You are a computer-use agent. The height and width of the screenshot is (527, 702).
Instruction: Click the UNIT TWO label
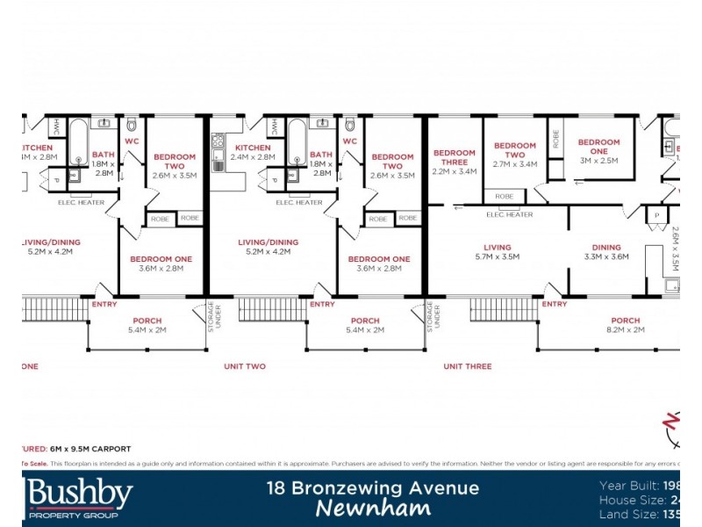245,366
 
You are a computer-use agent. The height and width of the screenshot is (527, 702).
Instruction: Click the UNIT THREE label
467,366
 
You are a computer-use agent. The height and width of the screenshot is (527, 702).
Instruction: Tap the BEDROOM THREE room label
455,162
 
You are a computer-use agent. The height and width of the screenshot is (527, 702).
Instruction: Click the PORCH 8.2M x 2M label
625,325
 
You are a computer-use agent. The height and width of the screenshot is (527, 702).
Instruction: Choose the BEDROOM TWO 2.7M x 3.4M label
514,155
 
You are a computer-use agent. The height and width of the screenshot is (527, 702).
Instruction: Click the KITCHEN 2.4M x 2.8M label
253,152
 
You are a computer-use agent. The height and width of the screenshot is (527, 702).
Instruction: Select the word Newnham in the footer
374,509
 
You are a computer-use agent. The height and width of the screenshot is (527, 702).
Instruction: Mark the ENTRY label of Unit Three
555,304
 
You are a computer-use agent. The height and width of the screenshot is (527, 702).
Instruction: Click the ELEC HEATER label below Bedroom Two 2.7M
510,214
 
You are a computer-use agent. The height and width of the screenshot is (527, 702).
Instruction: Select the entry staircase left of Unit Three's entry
503,309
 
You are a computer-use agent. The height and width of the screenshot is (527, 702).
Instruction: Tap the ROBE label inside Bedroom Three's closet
504,197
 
